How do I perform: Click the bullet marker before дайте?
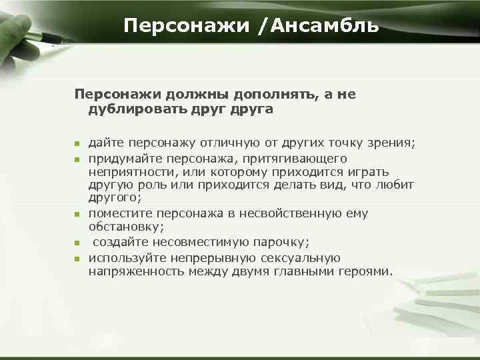[77, 143]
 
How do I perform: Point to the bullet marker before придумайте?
[77, 159]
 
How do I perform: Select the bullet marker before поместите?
[77, 214]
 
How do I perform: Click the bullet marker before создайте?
[77, 242]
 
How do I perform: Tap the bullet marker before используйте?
[77, 258]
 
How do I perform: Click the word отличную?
[235, 143]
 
